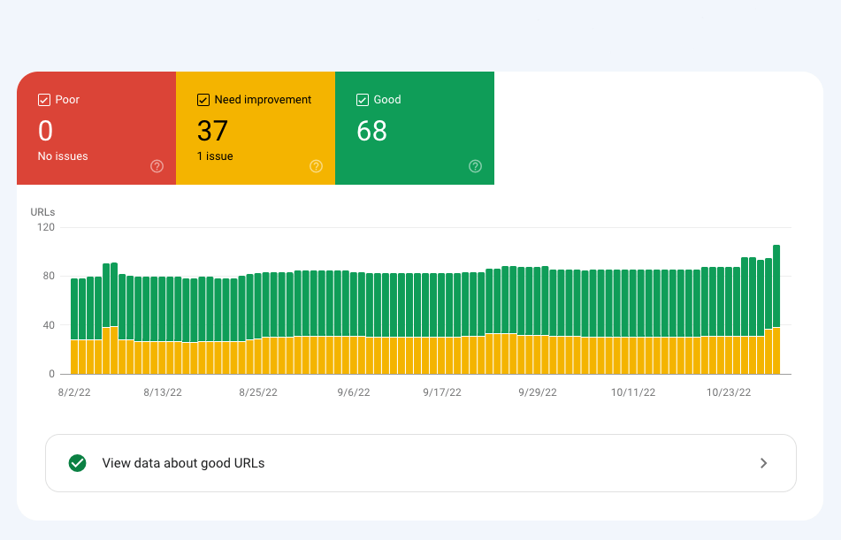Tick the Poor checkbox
(44, 100)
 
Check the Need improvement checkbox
(203, 100)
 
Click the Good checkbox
(363, 100)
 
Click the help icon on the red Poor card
(157, 166)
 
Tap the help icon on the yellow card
(316, 166)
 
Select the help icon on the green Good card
(475, 166)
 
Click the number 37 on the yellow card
(212, 131)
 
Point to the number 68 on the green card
(371, 131)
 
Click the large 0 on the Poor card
(45, 131)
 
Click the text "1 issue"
(215, 156)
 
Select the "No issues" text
(63, 156)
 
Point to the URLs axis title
(42, 212)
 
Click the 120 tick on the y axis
(45, 227)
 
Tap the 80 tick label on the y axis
(48, 276)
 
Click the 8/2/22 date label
(74, 392)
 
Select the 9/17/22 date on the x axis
(442, 392)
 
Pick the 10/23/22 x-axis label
(729, 392)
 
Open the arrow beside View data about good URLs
(764, 463)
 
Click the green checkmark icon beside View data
(78, 463)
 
